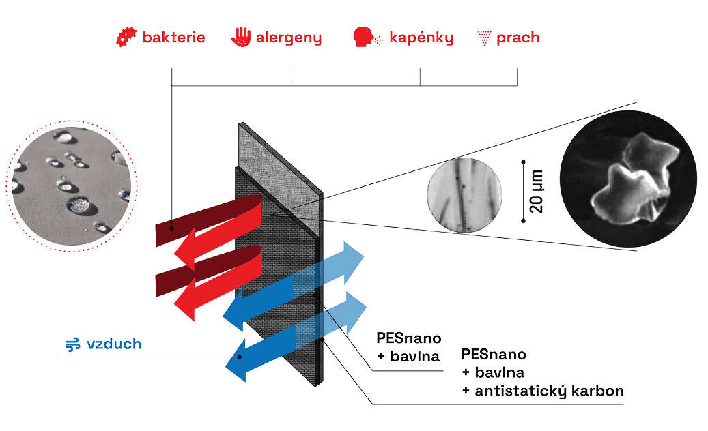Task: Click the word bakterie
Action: pyautogui.click(x=173, y=38)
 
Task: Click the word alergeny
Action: pyautogui.click(x=288, y=38)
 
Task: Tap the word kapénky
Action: pyautogui.click(x=421, y=38)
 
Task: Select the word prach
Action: pyautogui.click(x=518, y=38)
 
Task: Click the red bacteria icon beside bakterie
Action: pyautogui.click(x=125, y=38)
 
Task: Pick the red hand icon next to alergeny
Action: pyautogui.click(x=240, y=38)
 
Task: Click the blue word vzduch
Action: pyautogui.click(x=114, y=344)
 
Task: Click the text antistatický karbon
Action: pyautogui.click(x=543, y=391)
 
